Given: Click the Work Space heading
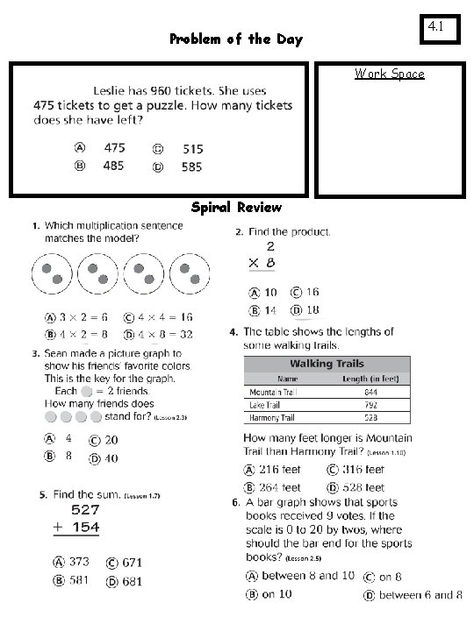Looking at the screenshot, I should click(389, 74).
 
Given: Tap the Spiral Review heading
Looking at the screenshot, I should click(236, 208).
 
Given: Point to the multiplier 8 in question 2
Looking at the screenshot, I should click(270, 262).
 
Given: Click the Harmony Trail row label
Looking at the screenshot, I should click(272, 418).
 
